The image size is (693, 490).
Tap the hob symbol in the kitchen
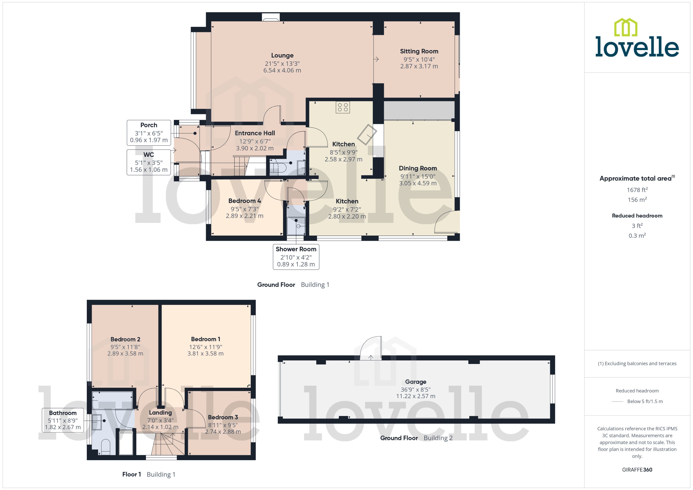[343, 107]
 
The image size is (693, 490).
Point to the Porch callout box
[148, 133]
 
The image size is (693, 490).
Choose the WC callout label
[148, 155]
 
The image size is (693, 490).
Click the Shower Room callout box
[296, 257]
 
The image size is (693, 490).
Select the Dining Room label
[418, 168]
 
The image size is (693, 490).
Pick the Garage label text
[415, 382]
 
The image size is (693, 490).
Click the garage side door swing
[372, 349]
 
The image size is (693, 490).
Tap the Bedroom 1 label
[205, 339]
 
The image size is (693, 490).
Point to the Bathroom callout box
[63, 420]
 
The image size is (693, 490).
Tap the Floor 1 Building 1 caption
[148, 475]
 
